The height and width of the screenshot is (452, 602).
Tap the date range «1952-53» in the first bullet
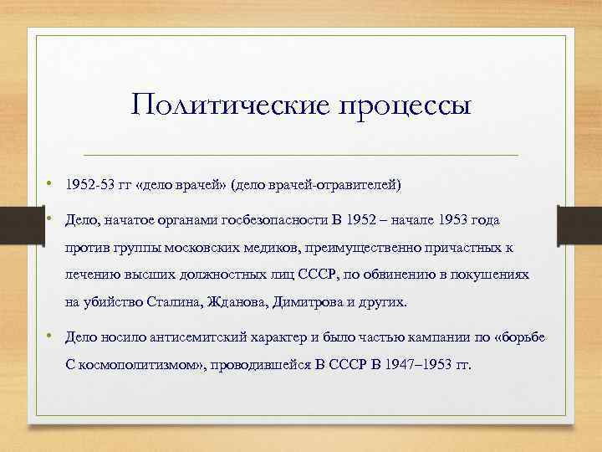(87, 183)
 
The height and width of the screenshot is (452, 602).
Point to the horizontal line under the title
(301, 155)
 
